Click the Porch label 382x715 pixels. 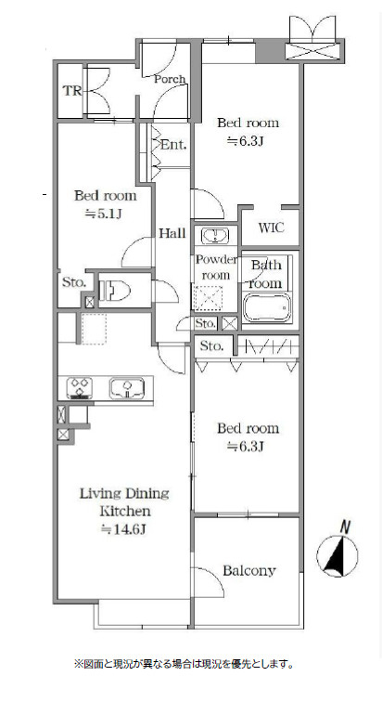point(170,79)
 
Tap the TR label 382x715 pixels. point(72,91)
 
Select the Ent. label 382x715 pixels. point(173,145)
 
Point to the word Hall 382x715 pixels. point(172,233)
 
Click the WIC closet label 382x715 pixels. point(271,227)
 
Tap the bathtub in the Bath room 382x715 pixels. point(267,307)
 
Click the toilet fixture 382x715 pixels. point(114,291)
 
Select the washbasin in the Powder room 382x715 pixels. point(215,236)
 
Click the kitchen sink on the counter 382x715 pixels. point(126,388)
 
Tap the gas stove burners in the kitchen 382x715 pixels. point(80,388)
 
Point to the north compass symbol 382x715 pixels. point(337,556)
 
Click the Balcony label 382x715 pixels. point(249,570)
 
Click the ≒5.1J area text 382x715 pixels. point(104,214)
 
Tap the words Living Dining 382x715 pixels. point(124,493)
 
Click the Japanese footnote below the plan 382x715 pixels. point(184,664)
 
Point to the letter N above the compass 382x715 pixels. point(346,527)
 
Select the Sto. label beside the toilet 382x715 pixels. point(74,282)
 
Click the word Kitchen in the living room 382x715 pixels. point(125,511)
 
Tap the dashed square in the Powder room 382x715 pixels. point(208,299)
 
